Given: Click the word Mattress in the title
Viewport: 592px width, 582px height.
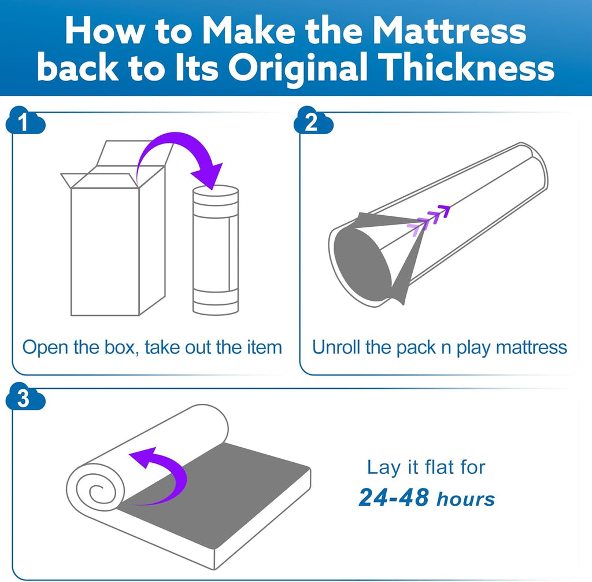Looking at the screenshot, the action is pyautogui.click(x=449, y=31).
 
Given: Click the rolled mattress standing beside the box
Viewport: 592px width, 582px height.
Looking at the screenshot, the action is pyautogui.click(x=216, y=250).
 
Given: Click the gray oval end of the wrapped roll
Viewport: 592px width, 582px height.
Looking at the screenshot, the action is pyautogui.click(x=362, y=264).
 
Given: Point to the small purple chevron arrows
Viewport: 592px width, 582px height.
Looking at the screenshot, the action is pyautogui.click(x=430, y=219).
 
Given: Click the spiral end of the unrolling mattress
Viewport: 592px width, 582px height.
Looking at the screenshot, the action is pyautogui.click(x=95, y=488).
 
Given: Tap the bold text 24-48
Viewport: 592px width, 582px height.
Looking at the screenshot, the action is pyautogui.click(x=394, y=498).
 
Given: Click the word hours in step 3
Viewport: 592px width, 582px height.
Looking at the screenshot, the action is pyautogui.click(x=465, y=499).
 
